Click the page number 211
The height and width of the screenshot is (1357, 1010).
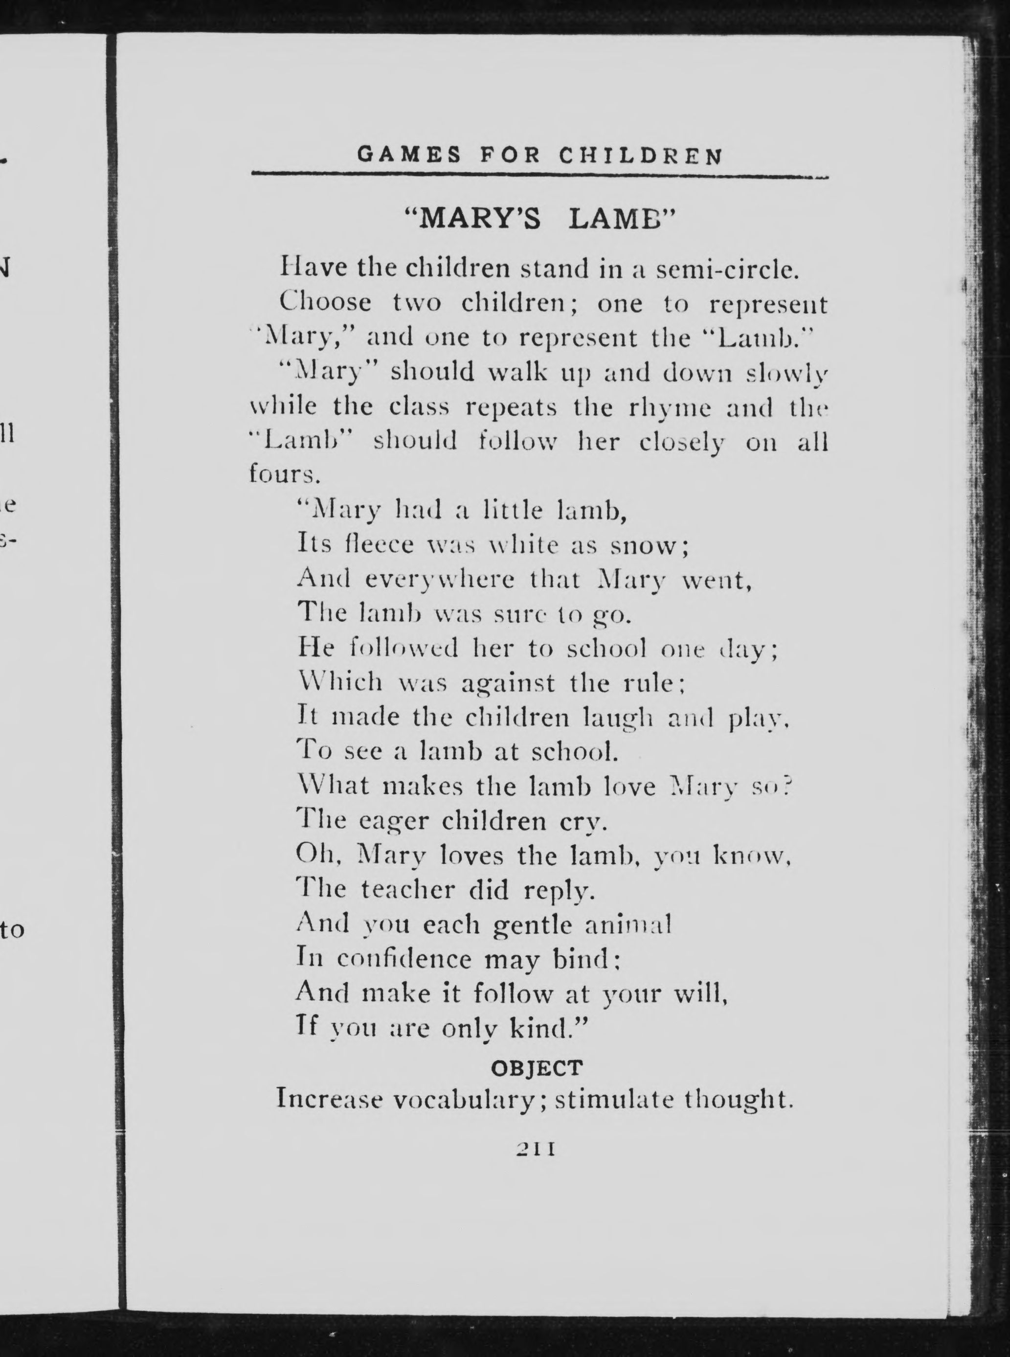pos(536,1149)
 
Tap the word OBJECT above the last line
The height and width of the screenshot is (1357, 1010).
pos(537,1068)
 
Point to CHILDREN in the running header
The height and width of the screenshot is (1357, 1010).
pos(641,156)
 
